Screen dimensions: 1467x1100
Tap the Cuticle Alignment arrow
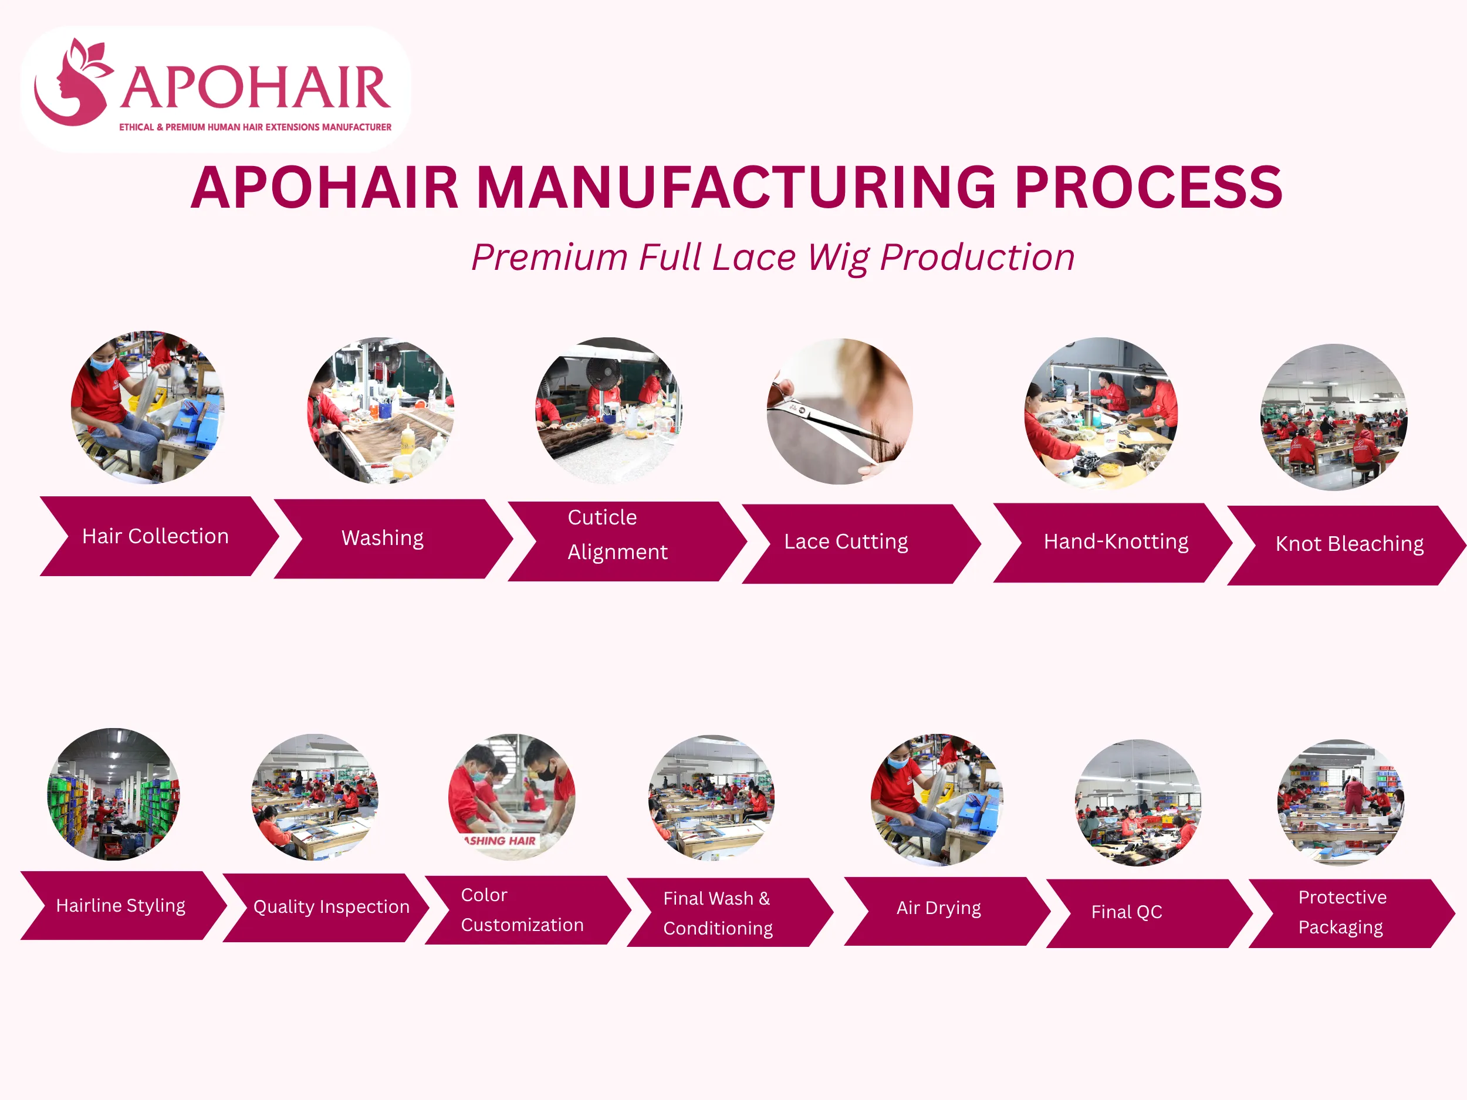[x=627, y=541]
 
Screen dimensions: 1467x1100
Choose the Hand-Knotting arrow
[x=1113, y=543]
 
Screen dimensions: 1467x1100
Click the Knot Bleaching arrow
[x=1346, y=545]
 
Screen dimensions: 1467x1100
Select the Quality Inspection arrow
[x=326, y=908]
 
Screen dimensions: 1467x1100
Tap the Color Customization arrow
[x=528, y=910]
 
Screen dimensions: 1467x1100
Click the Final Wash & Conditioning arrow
[x=730, y=912]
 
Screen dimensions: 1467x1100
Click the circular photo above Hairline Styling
[x=113, y=794]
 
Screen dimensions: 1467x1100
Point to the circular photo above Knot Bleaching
[x=1334, y=417]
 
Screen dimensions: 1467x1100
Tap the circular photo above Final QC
[x=1138, y=803]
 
